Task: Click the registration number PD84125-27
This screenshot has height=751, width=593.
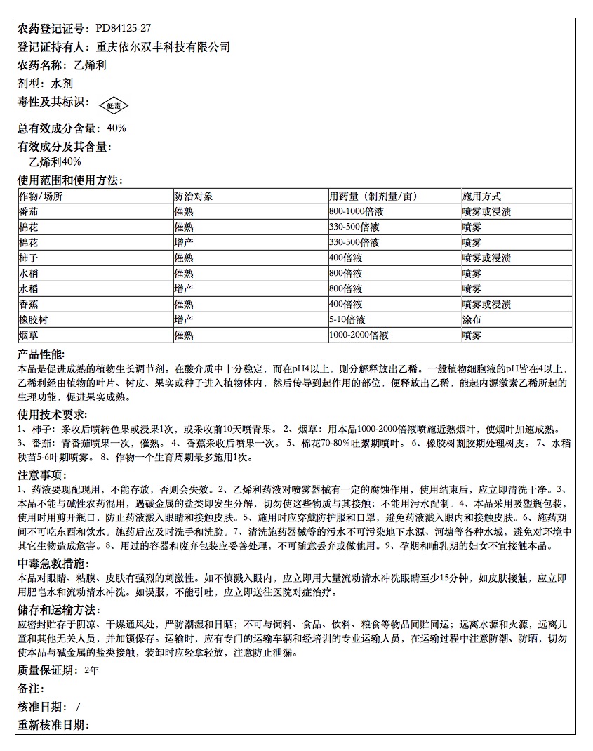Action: pos(123,29)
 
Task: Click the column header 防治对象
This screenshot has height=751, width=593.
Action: pos(194,197)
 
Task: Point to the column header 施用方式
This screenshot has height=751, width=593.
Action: pos(481,197)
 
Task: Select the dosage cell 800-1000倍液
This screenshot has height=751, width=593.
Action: pos(357,212)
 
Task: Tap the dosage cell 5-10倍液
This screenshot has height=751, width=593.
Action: pos(347,320)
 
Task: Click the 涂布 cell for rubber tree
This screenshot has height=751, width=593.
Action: pos(472,320)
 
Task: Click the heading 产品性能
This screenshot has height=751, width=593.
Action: pos(41,354)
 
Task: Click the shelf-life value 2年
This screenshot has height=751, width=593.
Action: pos(91,670)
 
